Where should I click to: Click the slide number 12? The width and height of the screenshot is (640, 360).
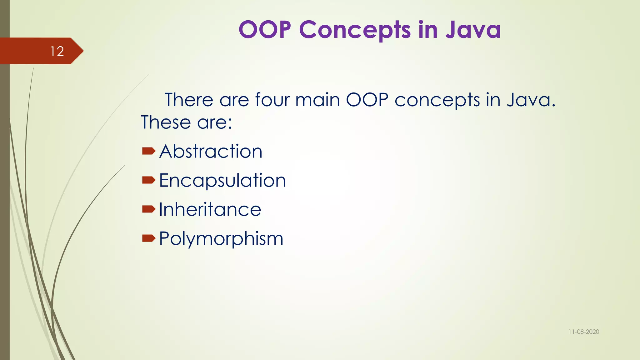57,51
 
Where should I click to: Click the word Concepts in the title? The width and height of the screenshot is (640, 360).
355,30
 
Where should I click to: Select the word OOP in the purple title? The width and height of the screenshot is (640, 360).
265,30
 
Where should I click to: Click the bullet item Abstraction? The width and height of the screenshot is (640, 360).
211,152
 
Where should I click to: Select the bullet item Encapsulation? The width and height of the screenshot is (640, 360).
222,181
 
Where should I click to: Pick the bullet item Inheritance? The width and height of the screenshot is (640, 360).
210,209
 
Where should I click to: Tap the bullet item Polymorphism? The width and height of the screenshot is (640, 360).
221,238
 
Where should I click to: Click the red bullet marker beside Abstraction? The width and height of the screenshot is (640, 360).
148,152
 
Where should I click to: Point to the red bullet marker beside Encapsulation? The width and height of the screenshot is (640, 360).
148,180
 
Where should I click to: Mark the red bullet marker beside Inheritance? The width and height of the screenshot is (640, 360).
148,209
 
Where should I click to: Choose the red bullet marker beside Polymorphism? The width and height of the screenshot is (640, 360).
148,238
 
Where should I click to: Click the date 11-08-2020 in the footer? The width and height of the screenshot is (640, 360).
583,332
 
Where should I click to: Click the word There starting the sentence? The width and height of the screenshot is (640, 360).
189,100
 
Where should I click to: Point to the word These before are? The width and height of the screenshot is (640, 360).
166,122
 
